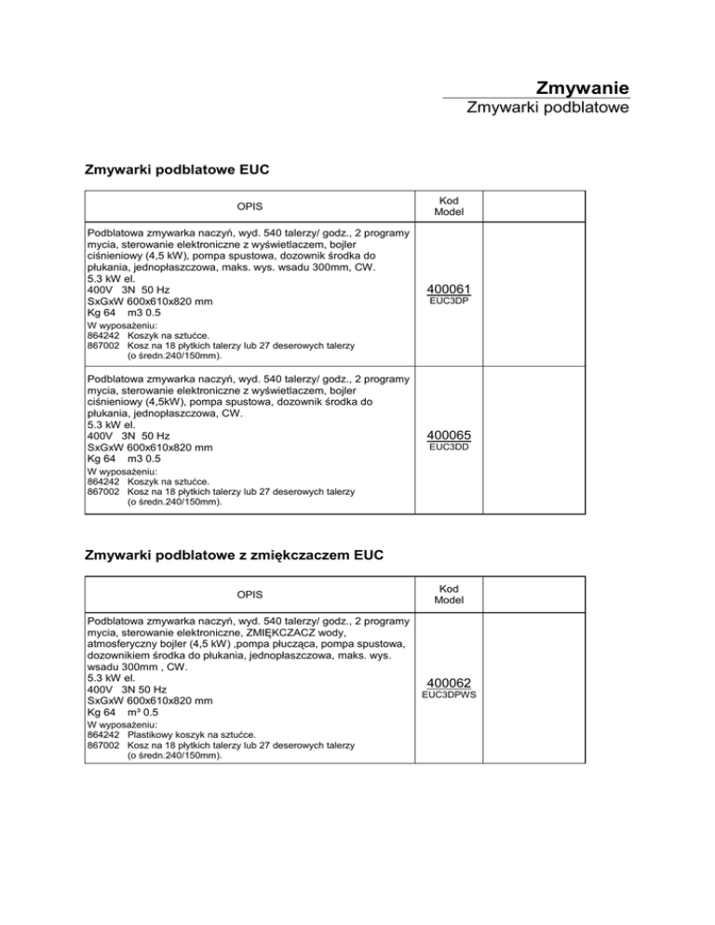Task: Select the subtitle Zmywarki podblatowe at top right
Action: (548, 109)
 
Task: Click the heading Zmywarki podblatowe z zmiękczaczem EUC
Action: (234, 556)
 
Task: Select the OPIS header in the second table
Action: (249, 593)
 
